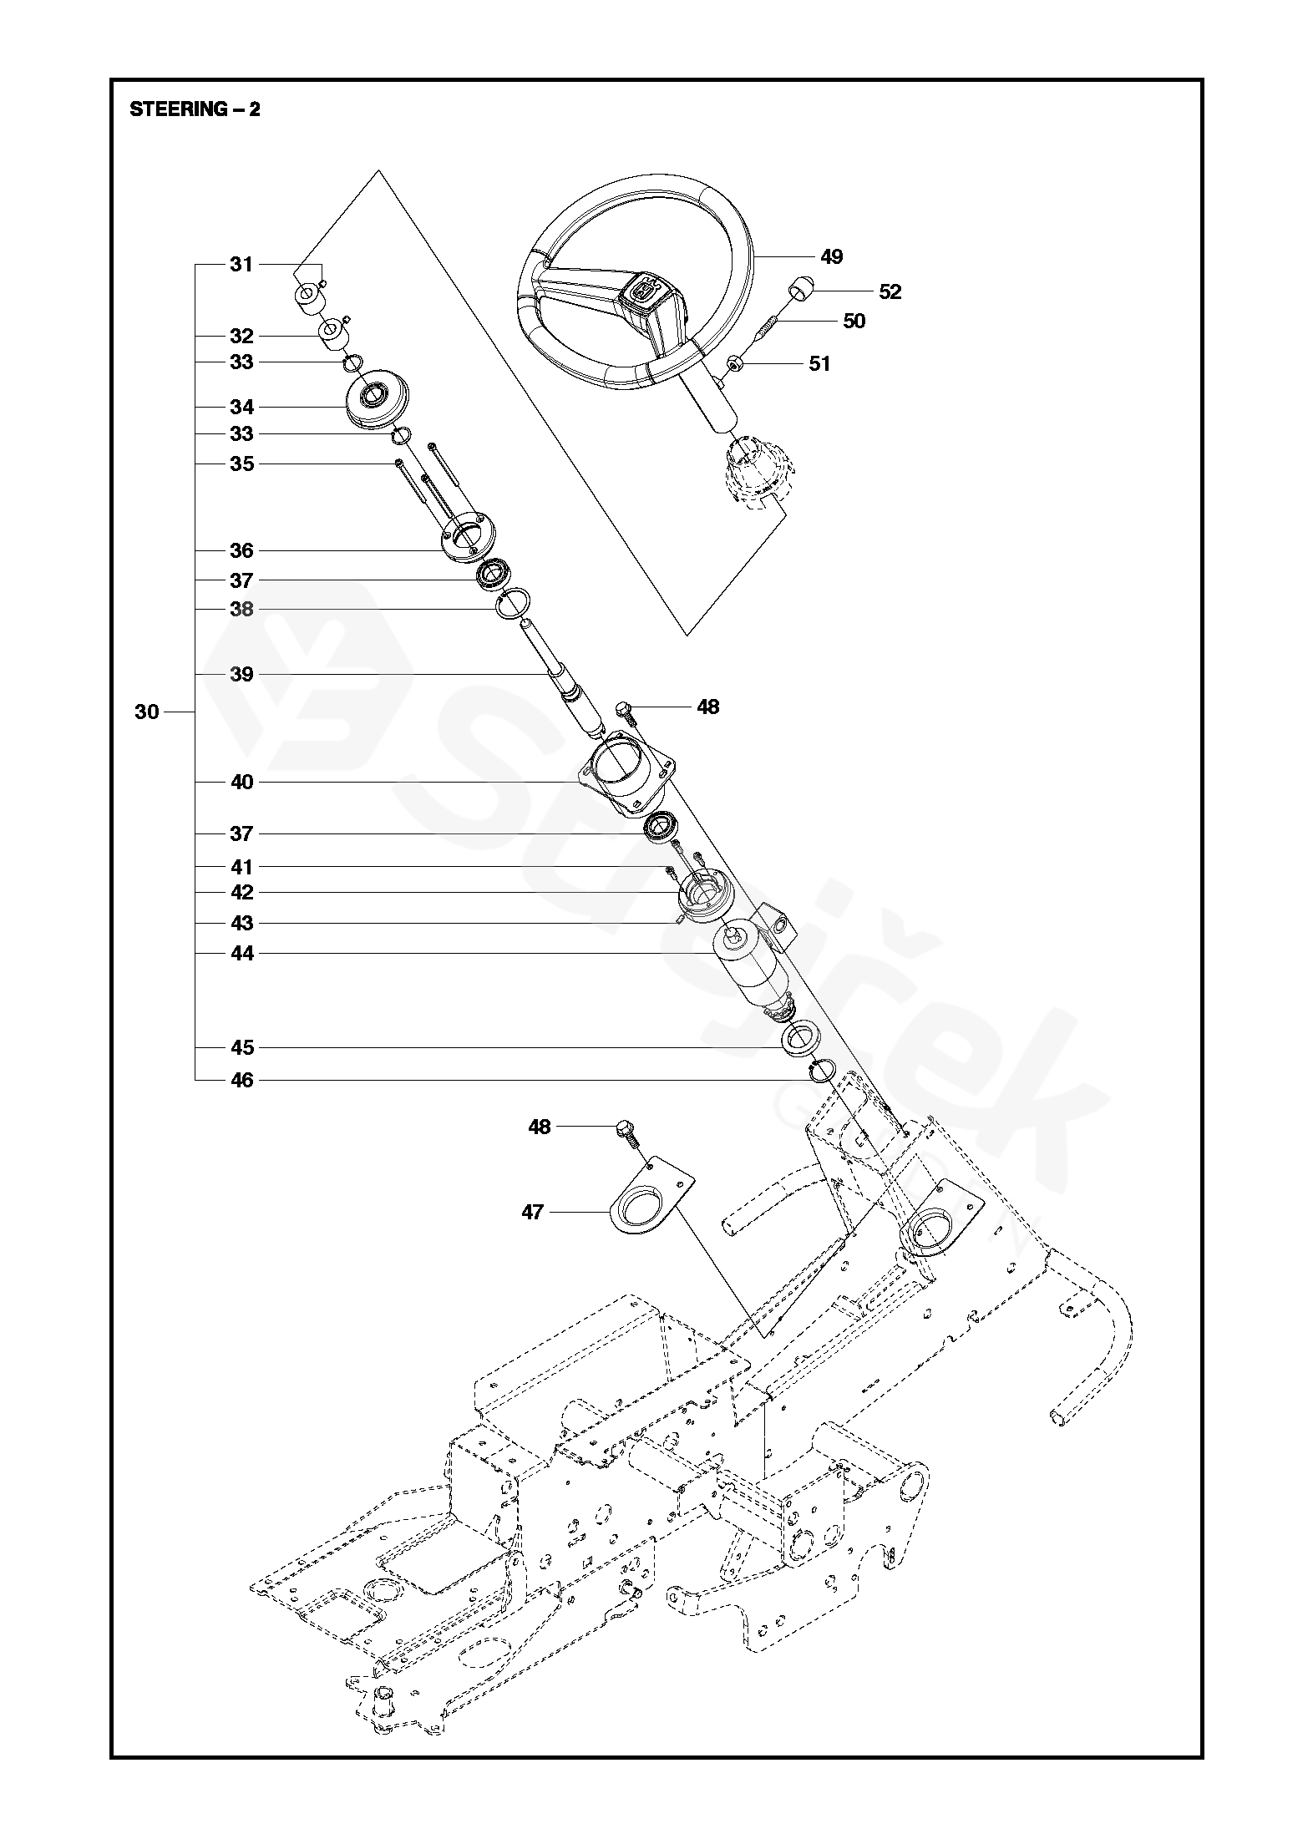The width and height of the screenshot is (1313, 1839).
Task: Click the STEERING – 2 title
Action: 195,109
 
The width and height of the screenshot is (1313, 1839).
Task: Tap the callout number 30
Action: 146,712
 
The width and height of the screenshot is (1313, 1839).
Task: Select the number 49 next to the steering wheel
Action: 831,256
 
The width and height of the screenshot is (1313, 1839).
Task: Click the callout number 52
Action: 890,291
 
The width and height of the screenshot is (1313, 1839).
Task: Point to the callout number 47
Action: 532,1212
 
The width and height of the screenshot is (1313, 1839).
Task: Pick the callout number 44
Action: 241,954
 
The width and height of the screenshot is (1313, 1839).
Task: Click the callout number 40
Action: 241,783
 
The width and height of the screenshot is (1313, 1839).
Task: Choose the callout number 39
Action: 241,674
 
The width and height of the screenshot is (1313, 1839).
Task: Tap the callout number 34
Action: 241,407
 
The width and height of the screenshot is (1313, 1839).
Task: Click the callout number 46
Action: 241,1081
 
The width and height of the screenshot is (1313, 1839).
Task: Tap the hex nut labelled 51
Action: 736,363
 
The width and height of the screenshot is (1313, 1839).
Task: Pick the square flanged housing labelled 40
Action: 626,768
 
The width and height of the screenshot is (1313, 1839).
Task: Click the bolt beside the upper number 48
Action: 626,711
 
